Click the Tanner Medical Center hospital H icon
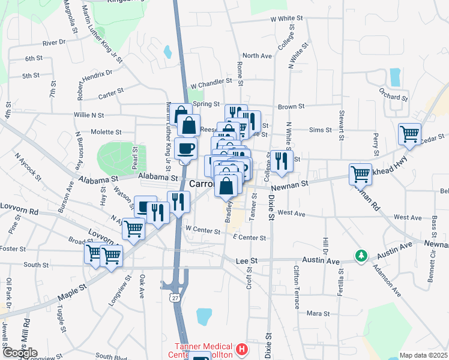(241, 349)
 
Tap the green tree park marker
(361, 256)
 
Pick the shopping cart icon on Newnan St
(360, 173)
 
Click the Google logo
(19, 353)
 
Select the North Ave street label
(258, 56)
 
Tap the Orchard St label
(393, 97)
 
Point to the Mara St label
(318, 313)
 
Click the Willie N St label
(89, 115)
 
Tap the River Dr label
(53, 43)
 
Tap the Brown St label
(291, 107)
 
